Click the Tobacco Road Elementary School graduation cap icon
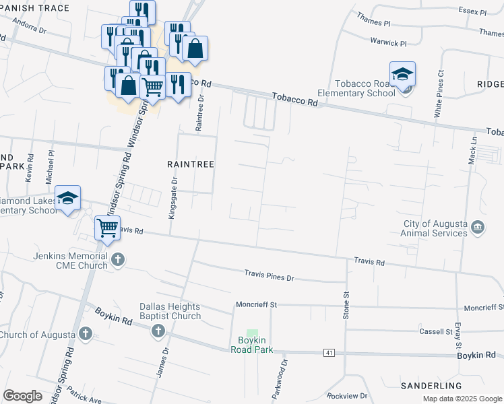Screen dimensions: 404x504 point(402,73)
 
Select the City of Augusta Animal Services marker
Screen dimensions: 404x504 point(478,227)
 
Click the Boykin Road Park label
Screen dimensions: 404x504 point(251,345)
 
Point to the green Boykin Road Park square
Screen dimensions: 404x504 point(252,333)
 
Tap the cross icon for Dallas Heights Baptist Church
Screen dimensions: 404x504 point(158,331)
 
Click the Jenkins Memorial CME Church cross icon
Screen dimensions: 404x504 point(118,259)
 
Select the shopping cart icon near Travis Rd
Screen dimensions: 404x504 point(107,228)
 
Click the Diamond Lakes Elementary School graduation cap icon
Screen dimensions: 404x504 point(68,198)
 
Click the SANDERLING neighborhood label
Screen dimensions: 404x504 point(431,386)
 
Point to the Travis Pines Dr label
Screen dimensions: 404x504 point(270,276)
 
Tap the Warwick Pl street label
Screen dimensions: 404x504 point(389,42)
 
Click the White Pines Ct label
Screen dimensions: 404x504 point(441,95)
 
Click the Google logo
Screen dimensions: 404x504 point(23,396)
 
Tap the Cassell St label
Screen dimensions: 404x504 point(435,331)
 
